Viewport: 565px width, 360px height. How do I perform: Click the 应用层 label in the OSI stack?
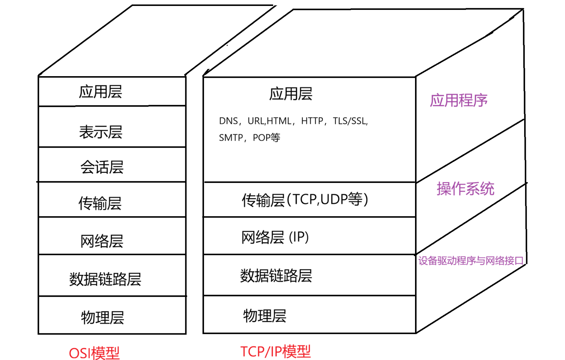click(x=101, y=92)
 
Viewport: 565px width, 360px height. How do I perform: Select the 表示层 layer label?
click(x=101, y=132)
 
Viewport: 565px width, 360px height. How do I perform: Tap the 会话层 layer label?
click(x=102, y=167)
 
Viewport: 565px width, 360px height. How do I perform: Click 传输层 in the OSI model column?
click(x=100, y=203)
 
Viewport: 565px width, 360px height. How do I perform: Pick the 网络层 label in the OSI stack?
click(x=102, y=241)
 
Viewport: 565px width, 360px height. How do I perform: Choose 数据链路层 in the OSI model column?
click(x=105, y=279)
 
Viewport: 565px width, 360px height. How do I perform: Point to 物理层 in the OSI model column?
click(x=103, y=317)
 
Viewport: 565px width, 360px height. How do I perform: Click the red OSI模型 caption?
click(x=94, y=353)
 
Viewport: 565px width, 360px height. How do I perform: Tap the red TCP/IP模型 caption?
click(x=276, y=351)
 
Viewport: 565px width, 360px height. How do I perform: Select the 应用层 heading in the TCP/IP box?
click(x=291, y=94)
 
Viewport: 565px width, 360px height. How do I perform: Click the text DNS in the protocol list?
click(x=228, y=121)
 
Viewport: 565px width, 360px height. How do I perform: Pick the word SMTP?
click(x=231, y=137)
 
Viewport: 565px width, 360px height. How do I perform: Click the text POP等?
click(x=266, y=137)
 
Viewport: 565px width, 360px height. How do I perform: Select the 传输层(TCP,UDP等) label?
click(x=305, y=200)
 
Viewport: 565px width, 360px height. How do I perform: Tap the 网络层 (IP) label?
click(x=275, y=237)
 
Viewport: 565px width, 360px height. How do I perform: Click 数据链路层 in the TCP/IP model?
click(x=276, y=276)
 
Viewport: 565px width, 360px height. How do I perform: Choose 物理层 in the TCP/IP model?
click(x=265, y=316)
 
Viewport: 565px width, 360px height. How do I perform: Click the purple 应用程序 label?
click(x=459, y=100)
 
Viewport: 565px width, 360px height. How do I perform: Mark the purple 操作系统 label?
click(x=465, y=189)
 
